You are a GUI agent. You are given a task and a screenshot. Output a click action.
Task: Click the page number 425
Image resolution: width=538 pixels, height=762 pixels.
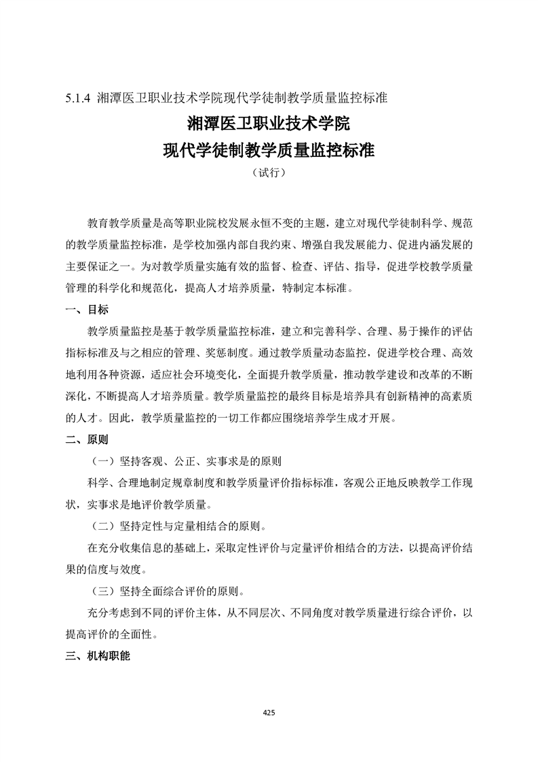tap(269, 712)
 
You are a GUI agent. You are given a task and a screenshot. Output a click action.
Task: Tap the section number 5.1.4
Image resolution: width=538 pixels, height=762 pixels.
tap(79, 97)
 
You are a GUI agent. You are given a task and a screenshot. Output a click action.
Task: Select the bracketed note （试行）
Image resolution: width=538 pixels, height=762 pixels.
tap(269, 173)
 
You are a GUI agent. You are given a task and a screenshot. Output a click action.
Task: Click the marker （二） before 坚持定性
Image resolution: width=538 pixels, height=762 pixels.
tap(104, 526)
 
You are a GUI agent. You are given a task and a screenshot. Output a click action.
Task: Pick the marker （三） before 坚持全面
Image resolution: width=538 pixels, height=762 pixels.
tap(104, 591)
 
